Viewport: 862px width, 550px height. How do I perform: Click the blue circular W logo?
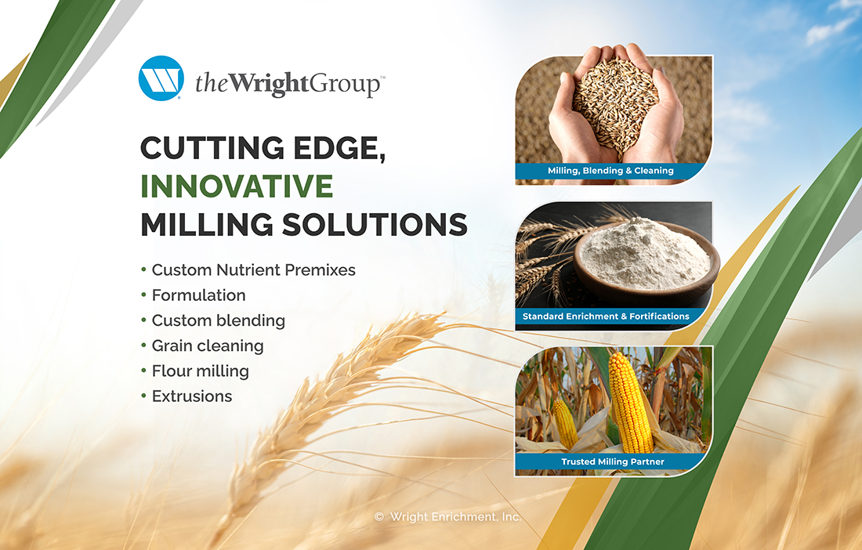(x=161, y=78)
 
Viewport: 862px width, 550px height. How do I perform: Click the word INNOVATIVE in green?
(x=237, y=186)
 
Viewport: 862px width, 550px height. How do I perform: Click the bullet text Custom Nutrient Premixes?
(x=253, y=270)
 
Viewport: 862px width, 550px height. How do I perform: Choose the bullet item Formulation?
(x=198, y=295)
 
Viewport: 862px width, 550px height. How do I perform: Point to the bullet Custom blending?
(x=219, y=320)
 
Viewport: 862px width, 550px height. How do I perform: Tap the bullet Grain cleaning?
(x=207, y=346)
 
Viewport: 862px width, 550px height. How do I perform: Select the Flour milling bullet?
(x=200, y=371)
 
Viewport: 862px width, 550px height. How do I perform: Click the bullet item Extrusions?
(x=192, y=396)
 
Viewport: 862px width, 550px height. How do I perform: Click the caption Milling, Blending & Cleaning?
(x=610, y=171)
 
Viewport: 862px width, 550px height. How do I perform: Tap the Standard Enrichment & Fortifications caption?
(x=605, y=317)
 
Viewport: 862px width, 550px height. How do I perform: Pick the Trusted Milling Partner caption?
(x=613, y=462)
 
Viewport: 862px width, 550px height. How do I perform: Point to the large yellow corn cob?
(x=631, y=402)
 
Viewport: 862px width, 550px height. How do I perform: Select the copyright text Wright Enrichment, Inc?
(x=455, y=517)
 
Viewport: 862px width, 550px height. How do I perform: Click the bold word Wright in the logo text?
(x=268, y=84)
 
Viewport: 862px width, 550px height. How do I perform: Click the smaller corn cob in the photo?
(x=565, y=423)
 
